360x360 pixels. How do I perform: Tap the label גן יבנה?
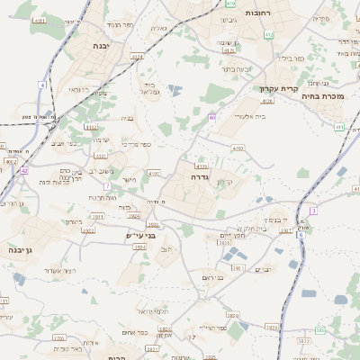[19, 249]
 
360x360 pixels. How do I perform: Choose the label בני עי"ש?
[141, 236]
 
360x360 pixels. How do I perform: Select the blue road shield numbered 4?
[41, 84]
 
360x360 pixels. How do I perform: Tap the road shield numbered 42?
[24, 169]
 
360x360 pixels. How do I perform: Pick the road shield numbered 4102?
[91, 127]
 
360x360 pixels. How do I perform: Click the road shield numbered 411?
[340, 127]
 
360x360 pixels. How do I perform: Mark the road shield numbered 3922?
[88, 230]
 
